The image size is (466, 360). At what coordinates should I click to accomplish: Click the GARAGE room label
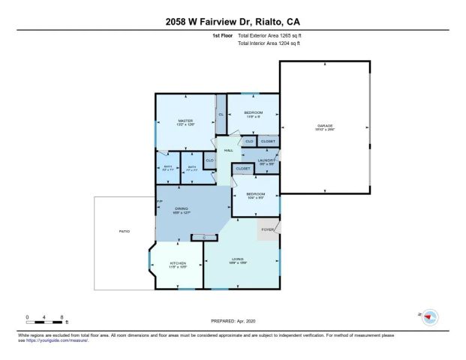325,125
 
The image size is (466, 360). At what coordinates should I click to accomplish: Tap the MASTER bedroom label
185,121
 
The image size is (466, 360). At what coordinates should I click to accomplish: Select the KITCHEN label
177,263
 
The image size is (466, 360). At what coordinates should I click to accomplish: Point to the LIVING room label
238,259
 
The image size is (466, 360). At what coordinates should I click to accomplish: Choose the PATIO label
125,231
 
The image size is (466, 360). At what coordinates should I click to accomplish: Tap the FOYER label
267,229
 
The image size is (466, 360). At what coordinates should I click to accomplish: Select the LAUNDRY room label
268,159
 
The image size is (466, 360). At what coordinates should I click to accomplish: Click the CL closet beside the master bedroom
221,114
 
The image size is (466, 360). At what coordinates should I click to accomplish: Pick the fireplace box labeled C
203,238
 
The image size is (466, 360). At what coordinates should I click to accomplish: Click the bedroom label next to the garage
254,112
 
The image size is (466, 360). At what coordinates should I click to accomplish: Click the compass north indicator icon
429,317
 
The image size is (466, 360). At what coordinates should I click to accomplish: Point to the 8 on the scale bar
62,316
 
